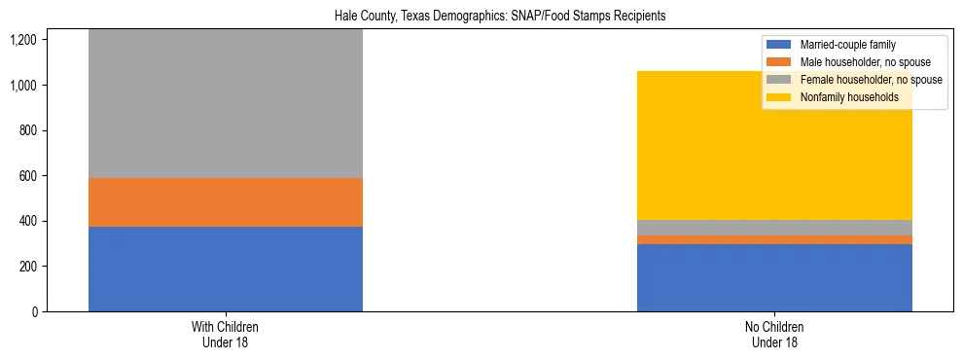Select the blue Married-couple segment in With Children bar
point(226,269)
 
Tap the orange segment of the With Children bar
point(226,202)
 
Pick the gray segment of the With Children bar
point(226,103)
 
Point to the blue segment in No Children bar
point(774,277)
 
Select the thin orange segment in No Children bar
point(774,239)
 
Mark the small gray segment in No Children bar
point(774,228)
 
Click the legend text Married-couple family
point(847,45)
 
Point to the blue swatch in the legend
point(779,45)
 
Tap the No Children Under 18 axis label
point(775,335)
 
